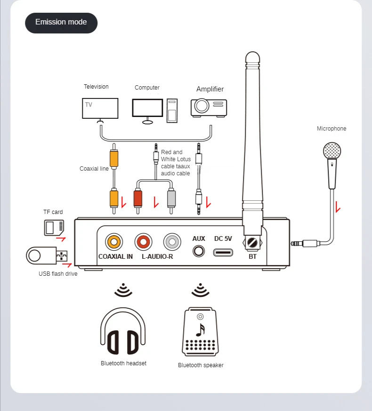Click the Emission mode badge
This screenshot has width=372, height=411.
click(61, 23)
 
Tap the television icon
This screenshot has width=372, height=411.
click(100, 109)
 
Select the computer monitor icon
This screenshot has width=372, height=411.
click(148, 109)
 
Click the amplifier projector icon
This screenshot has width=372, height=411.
click(209, 107)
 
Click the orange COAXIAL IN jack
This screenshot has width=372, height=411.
click(113, 242)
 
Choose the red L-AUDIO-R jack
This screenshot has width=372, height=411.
click(143, 242)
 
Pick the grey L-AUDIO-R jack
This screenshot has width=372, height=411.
click(172, 242)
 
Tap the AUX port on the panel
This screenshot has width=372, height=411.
click(199, 251)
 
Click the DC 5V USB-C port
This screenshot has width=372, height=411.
click(223, 251)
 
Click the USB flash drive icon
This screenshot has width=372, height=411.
click(46, 256)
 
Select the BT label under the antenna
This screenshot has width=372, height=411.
click(253, 257)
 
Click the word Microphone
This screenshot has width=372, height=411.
click(332, 129)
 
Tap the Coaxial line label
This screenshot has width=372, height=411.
click(94, 169)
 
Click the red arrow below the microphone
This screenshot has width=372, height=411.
click(338, 207)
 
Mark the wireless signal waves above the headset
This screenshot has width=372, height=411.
click(123, 289)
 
